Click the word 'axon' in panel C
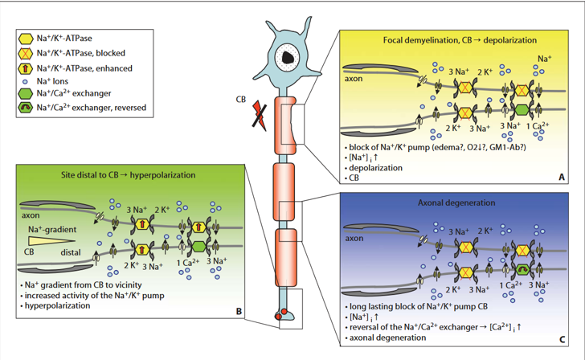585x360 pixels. [x=357, y=239]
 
